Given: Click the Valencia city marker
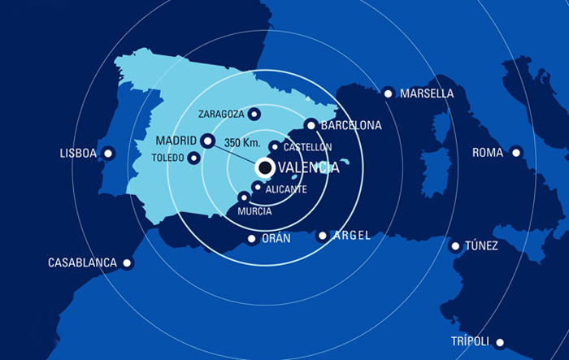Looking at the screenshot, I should coord(264,167).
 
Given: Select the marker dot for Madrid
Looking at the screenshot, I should coord(207,141).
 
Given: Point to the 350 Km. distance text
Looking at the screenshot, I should coord(241,142).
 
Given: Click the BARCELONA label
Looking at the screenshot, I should coord(351,126).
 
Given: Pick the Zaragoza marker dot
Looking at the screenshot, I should coord(254,114).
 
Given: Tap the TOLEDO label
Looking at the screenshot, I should coord(168,158).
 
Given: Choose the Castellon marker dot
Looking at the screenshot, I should coord(275,147).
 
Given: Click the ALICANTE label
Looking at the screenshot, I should coord(286,189).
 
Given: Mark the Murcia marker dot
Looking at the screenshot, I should coord(243,197).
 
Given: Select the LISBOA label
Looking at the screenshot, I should coord(79,153).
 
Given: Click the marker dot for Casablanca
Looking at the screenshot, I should coord(127,262).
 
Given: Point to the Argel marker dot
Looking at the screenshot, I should coord(323,236).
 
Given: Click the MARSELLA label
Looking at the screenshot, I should coord(427,93).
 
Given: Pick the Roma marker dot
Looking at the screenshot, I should coord(517,152).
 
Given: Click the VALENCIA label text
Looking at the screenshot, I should coord(309,168).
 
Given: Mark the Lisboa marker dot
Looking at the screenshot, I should coord(108,153).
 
